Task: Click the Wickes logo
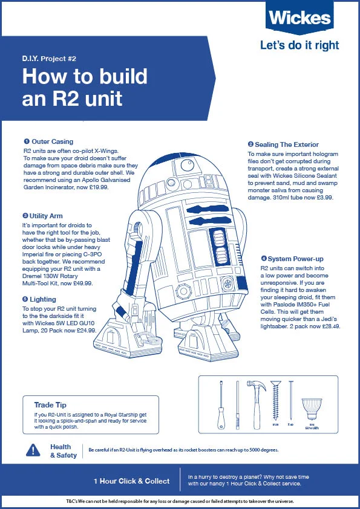[300, 18]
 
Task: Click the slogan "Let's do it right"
[299, 45]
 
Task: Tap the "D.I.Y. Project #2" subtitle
[57, 59]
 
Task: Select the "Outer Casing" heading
[48, 141]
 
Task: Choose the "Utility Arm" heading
[46, 216]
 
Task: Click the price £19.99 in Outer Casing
[97, 187]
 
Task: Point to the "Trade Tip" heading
[50, 405]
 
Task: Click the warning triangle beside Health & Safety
[33, 450]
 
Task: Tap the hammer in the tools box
[254, 402]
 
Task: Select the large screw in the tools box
[277, 402]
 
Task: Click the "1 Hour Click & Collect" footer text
[131, 481]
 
